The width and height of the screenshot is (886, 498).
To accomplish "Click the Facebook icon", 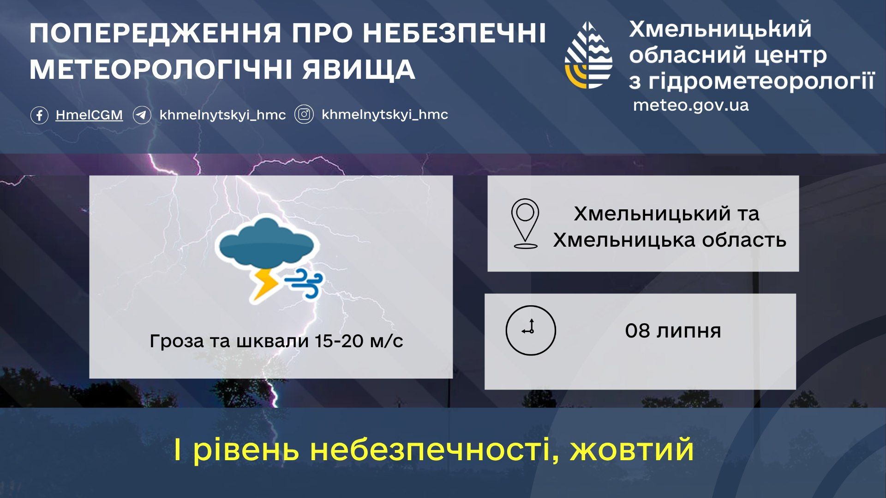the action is (x=39, y=115).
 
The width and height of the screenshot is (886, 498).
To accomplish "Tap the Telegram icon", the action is (x=142, y=115).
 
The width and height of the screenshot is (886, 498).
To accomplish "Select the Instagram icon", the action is (x=304, y=114).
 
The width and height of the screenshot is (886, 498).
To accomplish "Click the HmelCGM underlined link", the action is (x=89, y=115).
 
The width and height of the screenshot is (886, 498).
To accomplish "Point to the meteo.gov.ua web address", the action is (x=691, y=105).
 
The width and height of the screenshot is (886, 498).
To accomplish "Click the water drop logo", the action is (x=589, y=55).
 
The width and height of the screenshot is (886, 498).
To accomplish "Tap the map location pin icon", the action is (x=525, y=224).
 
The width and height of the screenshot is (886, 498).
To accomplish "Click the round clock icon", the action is (x=531, y=330).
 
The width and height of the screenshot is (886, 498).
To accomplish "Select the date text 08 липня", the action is (x=673, y=331).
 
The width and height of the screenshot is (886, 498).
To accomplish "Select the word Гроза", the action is (x=177, y=342).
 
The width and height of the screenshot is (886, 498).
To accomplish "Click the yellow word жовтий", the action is (x=632, y=450).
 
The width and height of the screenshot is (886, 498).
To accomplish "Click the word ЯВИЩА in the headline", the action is (x=359, y=70).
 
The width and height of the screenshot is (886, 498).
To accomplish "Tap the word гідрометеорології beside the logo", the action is (x=761, y=81).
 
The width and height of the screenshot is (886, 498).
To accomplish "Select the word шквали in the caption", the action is (x=272, y=341).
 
